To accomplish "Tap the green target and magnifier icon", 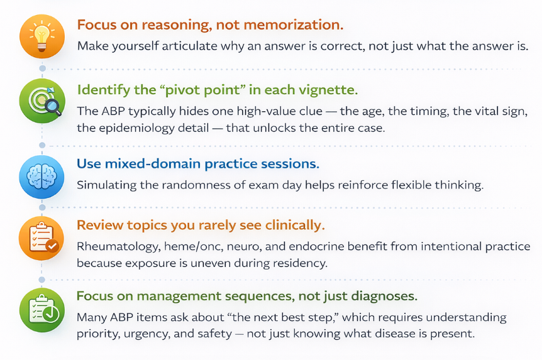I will (42, 101).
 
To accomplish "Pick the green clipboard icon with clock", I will (42, 309).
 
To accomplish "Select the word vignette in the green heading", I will (329, 90).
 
